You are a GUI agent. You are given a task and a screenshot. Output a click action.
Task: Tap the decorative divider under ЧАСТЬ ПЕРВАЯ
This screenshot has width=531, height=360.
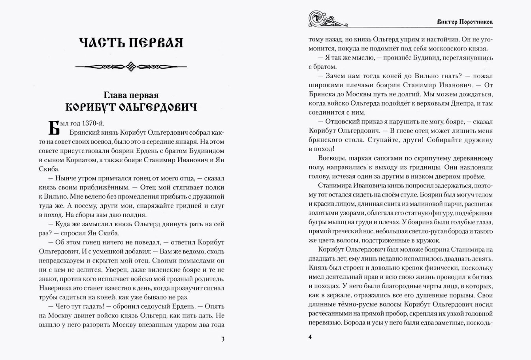[x=131, y=65]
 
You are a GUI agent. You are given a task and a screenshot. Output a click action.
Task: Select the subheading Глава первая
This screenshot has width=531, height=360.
[x=131, y=95]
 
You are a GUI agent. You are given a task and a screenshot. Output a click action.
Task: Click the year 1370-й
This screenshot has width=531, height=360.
[x=90, y=122]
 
